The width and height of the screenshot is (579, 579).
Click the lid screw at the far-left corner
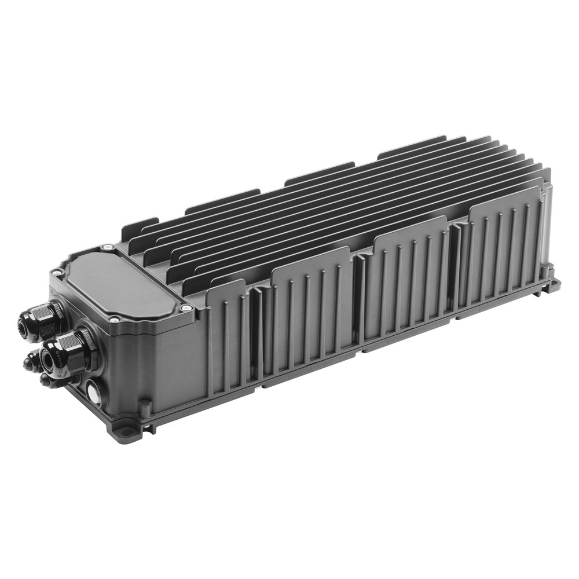[56, 271]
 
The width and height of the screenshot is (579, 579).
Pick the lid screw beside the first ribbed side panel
[186, 308]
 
